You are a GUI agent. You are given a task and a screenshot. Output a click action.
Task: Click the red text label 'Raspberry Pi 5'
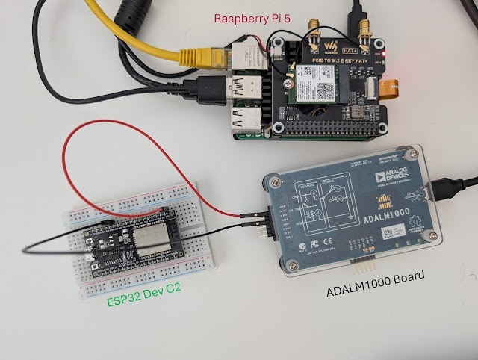[x=252, y=18]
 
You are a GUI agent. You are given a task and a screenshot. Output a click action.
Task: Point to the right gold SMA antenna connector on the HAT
[x=366, y=30]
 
